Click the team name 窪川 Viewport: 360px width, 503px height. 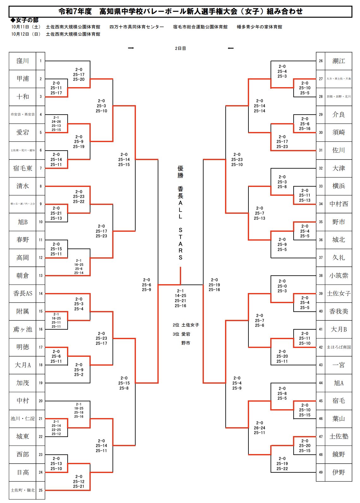(22, 61)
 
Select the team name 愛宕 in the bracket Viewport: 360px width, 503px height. (22, 132)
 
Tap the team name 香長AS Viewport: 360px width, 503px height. (22, 293)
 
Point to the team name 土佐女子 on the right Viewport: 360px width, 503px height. (339, 293)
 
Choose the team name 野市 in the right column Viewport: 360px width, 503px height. (339, 222)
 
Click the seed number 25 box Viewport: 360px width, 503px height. (40, 490)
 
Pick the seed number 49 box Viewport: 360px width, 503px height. (320, 472)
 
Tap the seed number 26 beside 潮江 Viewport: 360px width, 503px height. (320, 61)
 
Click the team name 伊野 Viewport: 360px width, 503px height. (339, 472)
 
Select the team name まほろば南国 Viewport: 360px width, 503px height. (339, 347)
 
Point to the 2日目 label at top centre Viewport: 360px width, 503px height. (180, 48)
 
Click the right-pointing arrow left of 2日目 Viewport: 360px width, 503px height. (131, 48)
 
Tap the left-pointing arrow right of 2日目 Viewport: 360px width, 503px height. (231, 48)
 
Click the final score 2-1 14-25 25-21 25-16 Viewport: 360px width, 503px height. (180, 298)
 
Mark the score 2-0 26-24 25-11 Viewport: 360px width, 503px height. (259, 428)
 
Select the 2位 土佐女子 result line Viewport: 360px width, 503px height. (186, 325)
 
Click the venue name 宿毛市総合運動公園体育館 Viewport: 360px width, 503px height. (200, 27)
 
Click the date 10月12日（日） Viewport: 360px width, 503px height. (26, 34)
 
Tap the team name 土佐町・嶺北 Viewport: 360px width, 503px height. (22, 490)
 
